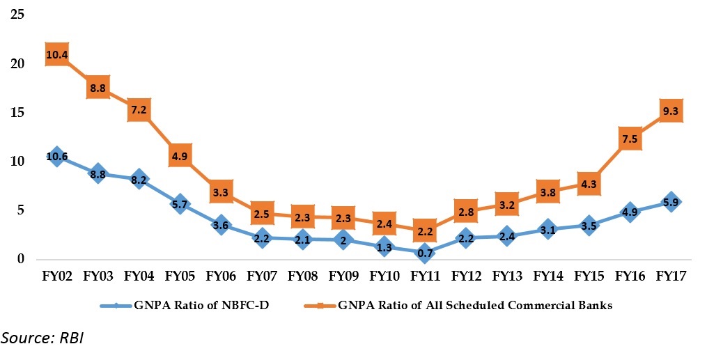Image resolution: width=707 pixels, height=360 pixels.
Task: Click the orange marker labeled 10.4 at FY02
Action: (57, 54)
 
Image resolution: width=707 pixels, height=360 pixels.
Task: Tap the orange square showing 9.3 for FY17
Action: (672, 111)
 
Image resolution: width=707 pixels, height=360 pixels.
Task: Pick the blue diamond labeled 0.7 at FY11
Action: (426, 252)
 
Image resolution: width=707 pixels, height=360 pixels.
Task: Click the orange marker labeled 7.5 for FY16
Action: (631, 139)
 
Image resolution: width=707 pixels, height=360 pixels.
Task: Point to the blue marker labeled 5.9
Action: (672, 202)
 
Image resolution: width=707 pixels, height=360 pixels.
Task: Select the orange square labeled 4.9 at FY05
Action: (180, 156)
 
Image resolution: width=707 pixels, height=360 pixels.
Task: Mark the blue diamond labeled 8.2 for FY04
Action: (139, 179)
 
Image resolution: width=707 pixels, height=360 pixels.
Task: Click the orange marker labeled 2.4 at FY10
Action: (384, 224)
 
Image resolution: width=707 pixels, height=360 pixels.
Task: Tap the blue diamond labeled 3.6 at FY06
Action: (221, 224)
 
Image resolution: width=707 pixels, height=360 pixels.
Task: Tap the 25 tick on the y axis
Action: (16, 15)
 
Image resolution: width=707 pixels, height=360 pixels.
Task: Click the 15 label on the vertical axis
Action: (16, 113)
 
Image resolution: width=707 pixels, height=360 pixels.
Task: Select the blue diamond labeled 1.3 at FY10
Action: (384, 246)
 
